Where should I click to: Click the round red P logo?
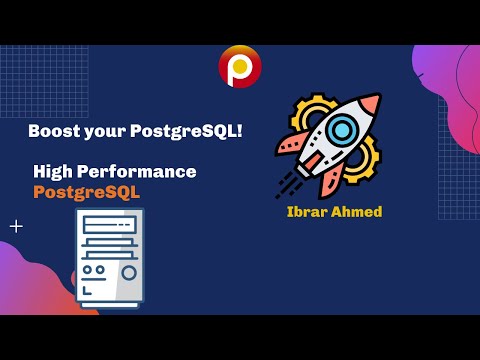[240, 67]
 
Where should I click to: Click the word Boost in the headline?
[53, 131]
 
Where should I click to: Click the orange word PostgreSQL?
[87, 192]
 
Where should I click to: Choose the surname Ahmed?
[358, 212]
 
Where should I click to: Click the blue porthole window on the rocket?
[341, 129]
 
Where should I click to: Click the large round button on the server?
[129, 272]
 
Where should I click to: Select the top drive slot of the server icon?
[109, 225]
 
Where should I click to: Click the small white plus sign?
[16, 226]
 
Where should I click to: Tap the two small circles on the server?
[93, 270]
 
